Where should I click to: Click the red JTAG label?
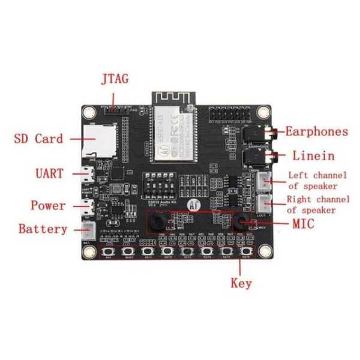[x=114, y=79]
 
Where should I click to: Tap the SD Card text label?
[x=38, y=139]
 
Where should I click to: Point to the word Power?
[x=48, y=206]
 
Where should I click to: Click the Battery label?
[x=43, y=229]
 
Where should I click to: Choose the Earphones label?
[x=316, y=131]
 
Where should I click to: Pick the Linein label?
[x=314, y=156]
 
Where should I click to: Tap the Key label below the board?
[x=241, y=283]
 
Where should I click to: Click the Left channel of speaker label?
[x=317, y=181]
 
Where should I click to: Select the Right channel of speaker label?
[x=316, y=205]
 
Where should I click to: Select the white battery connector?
[x=90, y=229]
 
